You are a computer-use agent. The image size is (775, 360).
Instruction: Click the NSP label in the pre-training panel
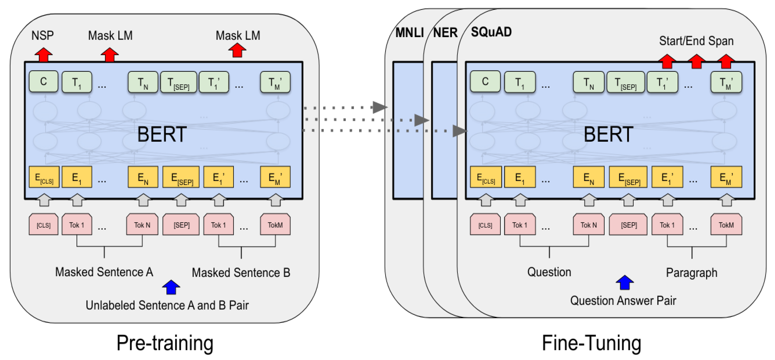(x=42, y=35)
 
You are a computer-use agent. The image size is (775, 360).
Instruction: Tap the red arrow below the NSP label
(x=44, y=55)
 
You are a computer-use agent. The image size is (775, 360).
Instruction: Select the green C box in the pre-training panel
(x=44, y=82)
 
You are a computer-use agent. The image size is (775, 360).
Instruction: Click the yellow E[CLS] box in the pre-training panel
(x=44, y=177)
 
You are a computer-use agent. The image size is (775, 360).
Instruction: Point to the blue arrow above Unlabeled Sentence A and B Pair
(x=171, y=287)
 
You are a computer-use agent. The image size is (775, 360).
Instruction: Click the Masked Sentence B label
(x=241, y=273)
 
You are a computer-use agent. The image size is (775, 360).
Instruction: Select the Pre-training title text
(x=165, y=343)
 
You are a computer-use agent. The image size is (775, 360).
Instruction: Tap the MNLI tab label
(x=409, y=32)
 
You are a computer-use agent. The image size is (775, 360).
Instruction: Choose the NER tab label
(x=445, y=32)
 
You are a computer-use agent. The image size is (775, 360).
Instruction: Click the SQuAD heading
(x=491, y=32)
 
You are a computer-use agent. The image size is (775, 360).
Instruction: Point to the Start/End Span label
(x=696, y=41)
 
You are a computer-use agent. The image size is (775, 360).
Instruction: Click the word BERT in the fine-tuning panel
(x=608, y=134)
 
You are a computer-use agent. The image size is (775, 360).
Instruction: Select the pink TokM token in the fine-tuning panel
(x=726, y=225)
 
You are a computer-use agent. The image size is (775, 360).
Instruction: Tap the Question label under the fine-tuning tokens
(x=549, y=272)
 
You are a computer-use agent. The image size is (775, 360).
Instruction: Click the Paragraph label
(x=691, y=273)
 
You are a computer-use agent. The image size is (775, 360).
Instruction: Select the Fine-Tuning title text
(x=592, y=343)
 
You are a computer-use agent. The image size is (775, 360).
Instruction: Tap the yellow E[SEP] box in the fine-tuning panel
(x=628, y=177)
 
